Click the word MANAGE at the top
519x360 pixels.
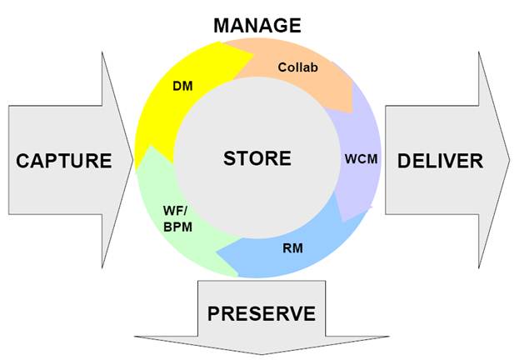click(257, 25)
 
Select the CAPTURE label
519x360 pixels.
click(63, 161)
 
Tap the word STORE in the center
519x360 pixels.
click(257, 157)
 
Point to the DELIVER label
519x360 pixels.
click(440, 161)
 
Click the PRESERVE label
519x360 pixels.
click(262, 313)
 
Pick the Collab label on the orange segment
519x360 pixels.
click(297, 67)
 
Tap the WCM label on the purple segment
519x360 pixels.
click(361, 157)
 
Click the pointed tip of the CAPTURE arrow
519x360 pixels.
click(132, 160)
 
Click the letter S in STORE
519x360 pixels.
click(229, 157)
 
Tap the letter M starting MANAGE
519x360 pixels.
click(222, 25)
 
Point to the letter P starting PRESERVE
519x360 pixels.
click(213, 313)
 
